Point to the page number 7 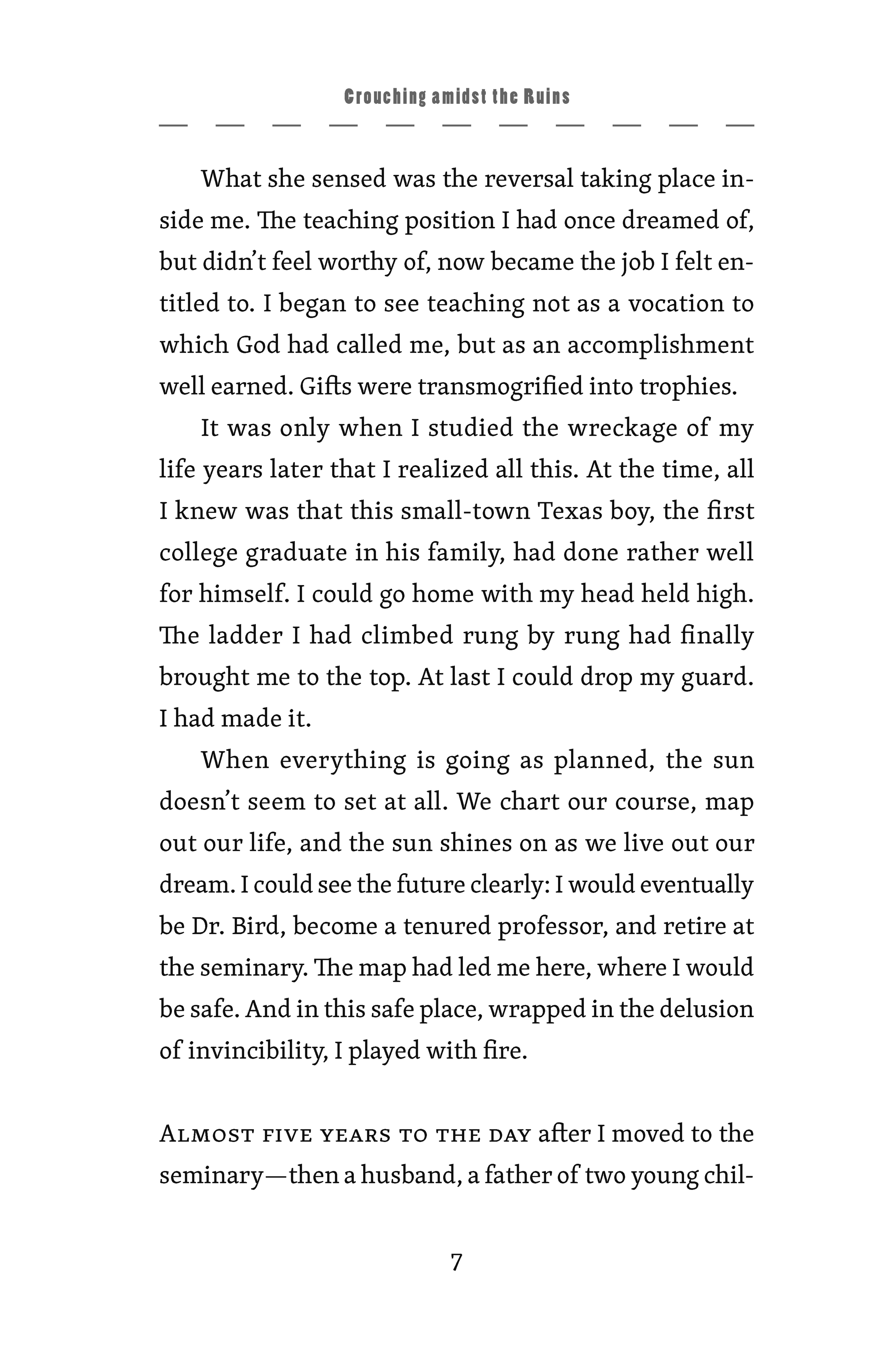(456, 1263)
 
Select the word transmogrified (500, 387)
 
